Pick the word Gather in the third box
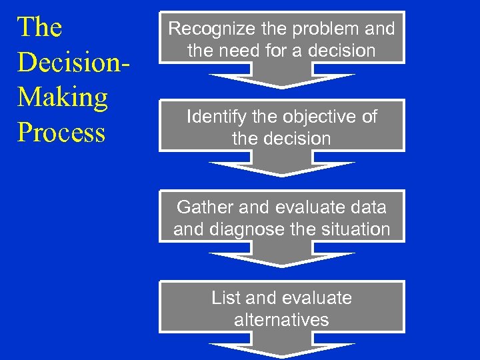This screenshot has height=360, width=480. (x=204, y=207)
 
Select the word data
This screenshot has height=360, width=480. (x=368, y=207)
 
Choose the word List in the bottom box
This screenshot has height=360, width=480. (x=225, y=297)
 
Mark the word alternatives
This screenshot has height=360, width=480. (x=281, y=320)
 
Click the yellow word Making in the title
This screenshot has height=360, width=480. (x=63, y=97)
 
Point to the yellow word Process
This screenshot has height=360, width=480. (x=61, y=132)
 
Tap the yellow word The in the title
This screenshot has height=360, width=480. (x=40, y=27)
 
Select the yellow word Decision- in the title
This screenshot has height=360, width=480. (x=73, y=62)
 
